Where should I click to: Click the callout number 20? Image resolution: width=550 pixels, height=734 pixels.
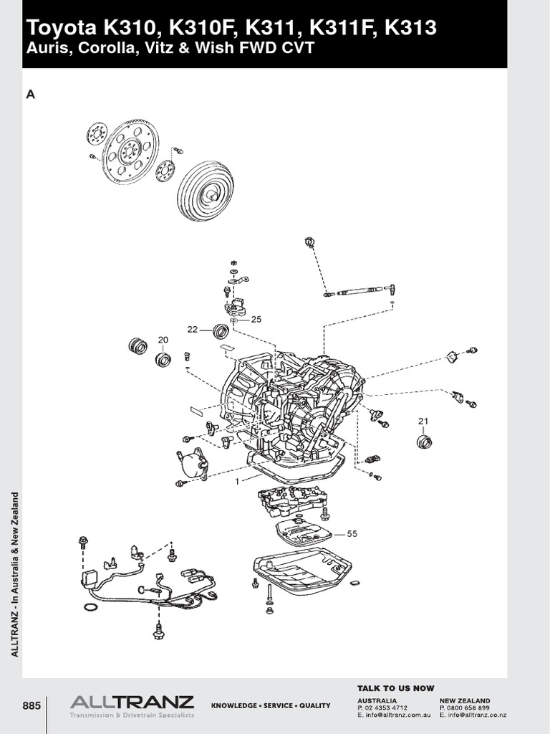point(163,340)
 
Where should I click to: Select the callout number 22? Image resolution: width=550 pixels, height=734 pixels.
point(192,330)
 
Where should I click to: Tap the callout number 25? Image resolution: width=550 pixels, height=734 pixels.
point(256,319)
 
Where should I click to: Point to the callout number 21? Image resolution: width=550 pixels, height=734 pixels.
point(423,421)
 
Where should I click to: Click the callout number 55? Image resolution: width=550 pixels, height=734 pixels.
point(351,533)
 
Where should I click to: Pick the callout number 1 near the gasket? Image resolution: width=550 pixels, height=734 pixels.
point(236,481)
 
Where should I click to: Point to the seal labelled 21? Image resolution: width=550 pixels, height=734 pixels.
point(425,441)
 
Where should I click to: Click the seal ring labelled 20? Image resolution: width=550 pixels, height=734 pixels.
point(163,358)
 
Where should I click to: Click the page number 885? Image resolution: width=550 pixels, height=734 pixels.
point(32,705)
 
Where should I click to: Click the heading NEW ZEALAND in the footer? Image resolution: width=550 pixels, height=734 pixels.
point(465,700)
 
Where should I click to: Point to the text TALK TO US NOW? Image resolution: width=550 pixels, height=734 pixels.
point(395,688)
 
